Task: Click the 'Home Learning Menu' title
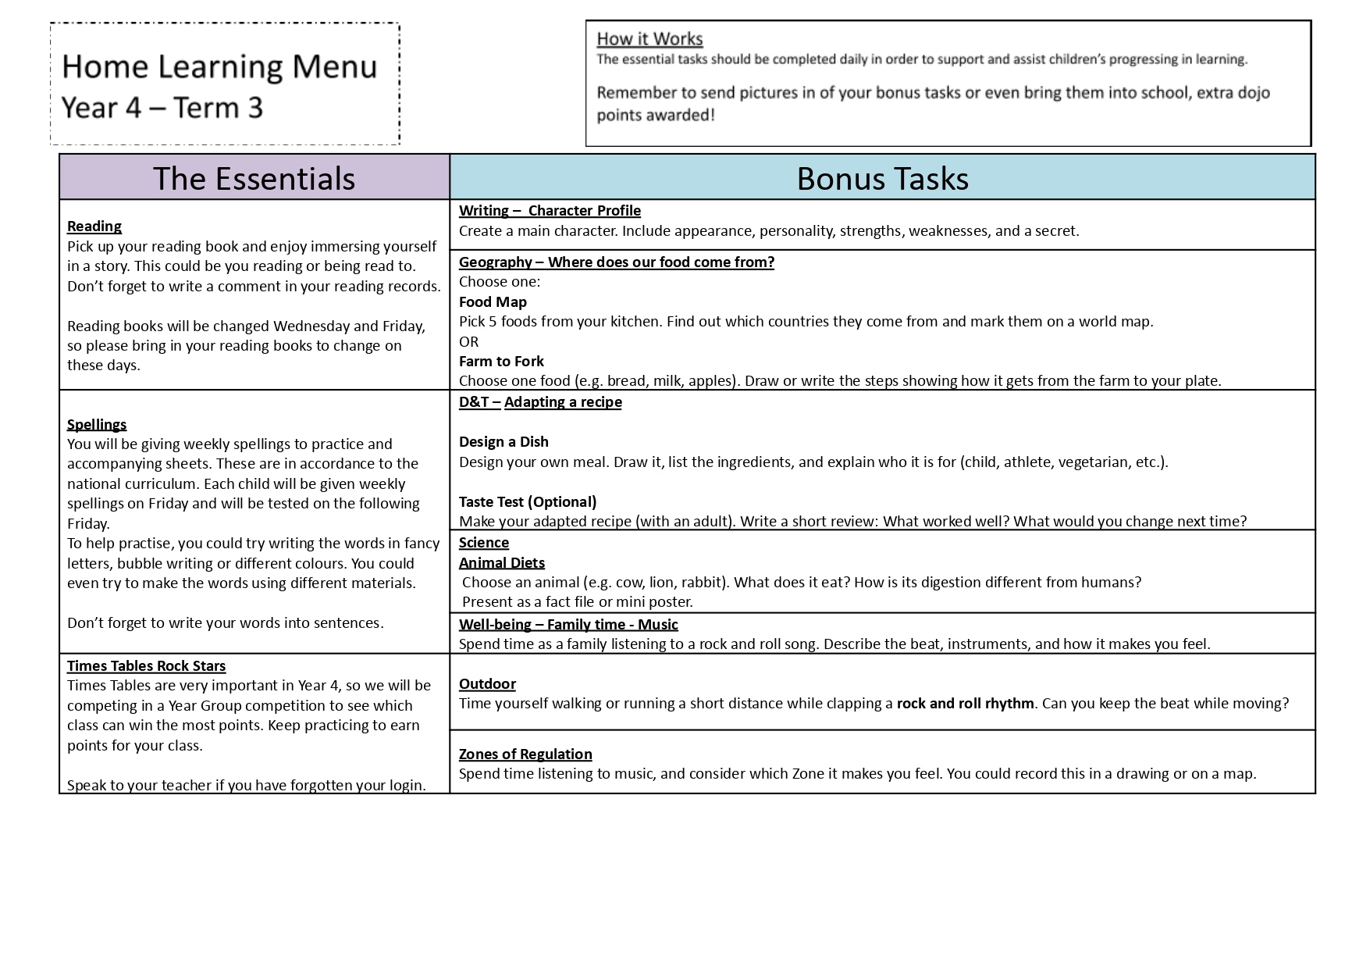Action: pos(219,67)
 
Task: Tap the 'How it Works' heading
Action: pos(649,39)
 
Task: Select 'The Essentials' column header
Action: pos(254,179)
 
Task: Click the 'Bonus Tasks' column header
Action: pos(882,179)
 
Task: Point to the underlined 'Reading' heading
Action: pos(94,226)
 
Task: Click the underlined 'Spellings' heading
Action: pos(97,424)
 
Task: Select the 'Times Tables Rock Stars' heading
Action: pos(146,666)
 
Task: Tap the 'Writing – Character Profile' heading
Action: pos(550,211)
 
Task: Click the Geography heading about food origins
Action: pos(616,262)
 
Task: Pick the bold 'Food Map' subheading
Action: pos(493,302)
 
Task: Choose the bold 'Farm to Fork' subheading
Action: pos(501,362)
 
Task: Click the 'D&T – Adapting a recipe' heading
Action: pos(540,402)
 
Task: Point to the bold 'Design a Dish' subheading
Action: pos(504,442)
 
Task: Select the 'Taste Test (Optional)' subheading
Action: pos(528,502)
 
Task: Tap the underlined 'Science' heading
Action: pos(484,543)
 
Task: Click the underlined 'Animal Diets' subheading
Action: pos(502,563)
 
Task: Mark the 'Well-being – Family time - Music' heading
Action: pos(568,625)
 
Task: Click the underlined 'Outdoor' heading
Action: pos(487,684)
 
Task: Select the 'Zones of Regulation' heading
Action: pos(525,754)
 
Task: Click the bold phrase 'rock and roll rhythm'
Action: pos(965,704)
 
